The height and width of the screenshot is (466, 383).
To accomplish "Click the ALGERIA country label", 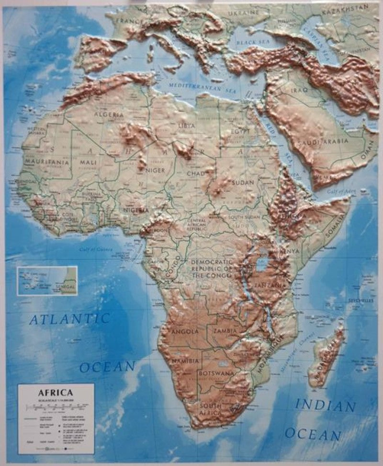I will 109,115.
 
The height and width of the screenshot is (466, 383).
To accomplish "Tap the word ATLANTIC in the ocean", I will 70,318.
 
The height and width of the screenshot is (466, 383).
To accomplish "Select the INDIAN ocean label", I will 325,406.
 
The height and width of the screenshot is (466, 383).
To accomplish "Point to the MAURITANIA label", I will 47,163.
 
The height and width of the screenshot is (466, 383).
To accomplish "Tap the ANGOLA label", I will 184,331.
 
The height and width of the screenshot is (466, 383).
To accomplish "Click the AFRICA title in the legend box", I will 56,392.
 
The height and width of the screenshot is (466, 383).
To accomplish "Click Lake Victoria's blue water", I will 263,264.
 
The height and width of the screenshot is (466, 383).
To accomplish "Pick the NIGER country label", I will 156,170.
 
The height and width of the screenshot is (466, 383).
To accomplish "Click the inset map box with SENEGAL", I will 47,280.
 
